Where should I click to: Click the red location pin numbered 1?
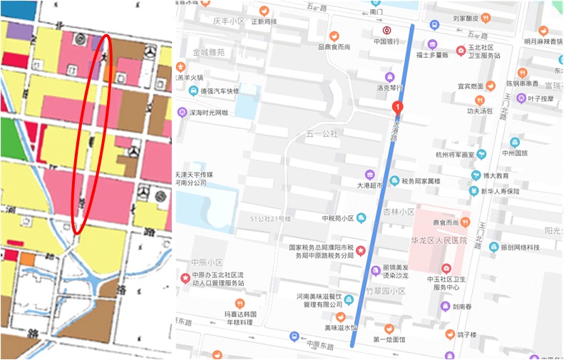tap(396, 107)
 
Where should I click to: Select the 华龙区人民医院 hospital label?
tap(438, 241)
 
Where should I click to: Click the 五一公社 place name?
tap(321, 133)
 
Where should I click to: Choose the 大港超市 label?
tap(369, 185)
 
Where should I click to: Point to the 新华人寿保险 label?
tap(499, 191)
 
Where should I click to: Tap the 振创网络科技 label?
tap(520, 247)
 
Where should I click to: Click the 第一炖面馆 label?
tap(389, 340)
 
